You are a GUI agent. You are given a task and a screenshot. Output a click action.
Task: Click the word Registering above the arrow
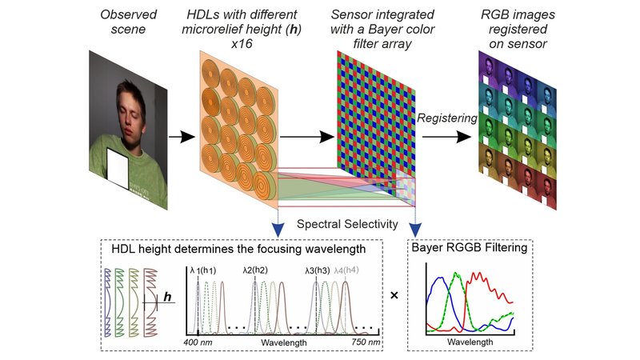[x=447, y=118]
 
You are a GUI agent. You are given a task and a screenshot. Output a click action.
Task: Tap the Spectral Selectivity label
[x=347, y=224]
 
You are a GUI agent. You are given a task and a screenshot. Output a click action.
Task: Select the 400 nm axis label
[x=198, y=342]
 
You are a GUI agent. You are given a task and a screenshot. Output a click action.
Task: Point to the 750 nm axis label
[x=366, y=342]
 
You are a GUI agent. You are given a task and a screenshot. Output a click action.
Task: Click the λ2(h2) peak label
[x=255, y=270]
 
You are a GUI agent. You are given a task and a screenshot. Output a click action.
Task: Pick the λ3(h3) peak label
[x=317, y=270]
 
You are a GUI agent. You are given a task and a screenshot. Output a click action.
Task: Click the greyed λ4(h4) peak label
[x=346, y=270]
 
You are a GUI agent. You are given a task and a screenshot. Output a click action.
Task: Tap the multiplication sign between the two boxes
[x=394, y=294]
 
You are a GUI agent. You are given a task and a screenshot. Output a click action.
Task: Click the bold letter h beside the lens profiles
[x=167, y=297]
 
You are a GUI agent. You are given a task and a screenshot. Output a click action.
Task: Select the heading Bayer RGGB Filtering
[x=470, y=247]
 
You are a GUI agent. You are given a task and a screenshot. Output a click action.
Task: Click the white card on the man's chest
[x=118, y=169]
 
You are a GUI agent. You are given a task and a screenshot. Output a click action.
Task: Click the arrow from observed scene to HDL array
[x=182, y=137]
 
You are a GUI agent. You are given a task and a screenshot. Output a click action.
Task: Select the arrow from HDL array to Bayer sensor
[x=307, y=137]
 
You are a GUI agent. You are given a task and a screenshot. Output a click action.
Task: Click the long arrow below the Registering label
[x=446, y=137]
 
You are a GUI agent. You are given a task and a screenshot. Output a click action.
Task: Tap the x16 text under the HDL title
[x=242, y=44]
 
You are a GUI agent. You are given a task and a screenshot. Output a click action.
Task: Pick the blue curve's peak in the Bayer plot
[x=439, y=278]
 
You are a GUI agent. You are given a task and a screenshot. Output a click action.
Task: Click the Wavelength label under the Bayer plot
[x=470, y=342]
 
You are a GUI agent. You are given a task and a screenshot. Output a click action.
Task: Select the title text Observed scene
[x=128, y=22]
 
